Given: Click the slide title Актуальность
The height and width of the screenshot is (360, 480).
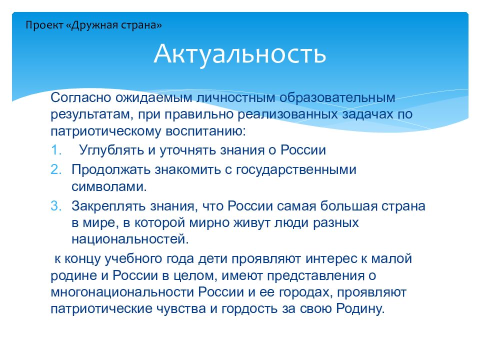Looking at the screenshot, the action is tap(240, 54).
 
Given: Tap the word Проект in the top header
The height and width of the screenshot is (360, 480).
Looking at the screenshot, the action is tap(44, 25).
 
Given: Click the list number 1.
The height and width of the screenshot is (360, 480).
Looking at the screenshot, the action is tap(56, 150).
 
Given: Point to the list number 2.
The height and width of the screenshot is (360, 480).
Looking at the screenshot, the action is tap(56, 169).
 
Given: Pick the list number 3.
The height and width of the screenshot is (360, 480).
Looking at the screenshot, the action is tap(56, 205).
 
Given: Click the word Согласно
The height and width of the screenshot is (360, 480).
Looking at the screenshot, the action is tap(81, 97).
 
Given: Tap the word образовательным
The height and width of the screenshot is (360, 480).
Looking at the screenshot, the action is tap(337, 98).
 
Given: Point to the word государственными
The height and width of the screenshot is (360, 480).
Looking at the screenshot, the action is tap(296, 170).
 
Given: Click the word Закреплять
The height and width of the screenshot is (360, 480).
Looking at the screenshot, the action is tap(108, 206).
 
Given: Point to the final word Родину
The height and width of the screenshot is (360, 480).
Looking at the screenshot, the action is tap(360, 308).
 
